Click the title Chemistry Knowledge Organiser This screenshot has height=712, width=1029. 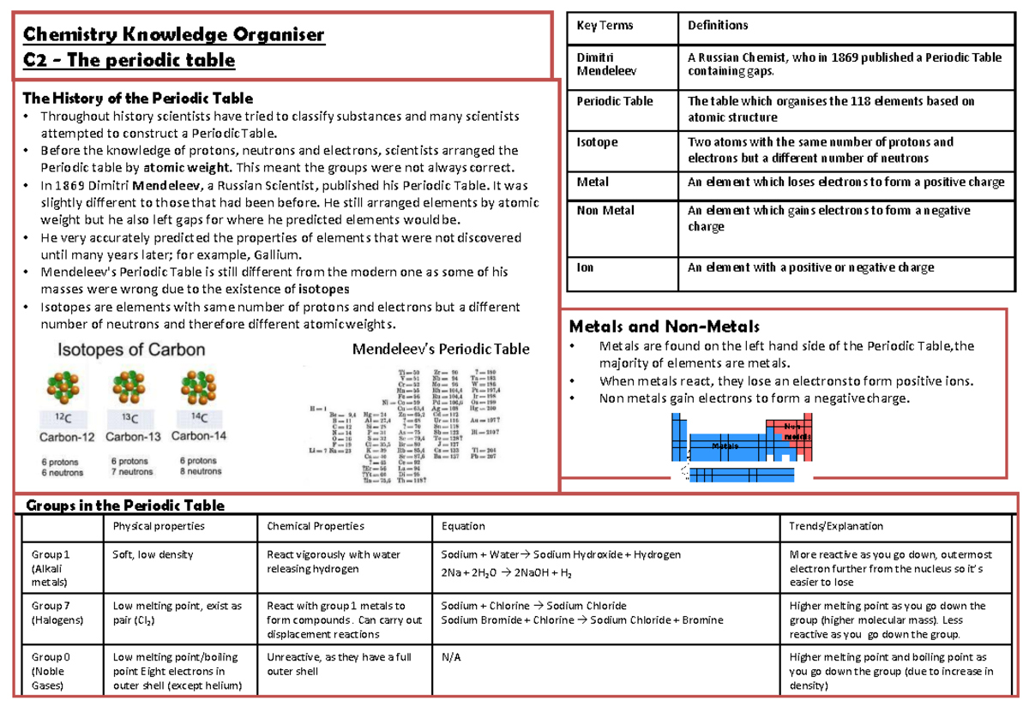tap(174, 35)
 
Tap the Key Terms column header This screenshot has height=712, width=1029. tap(605, 26)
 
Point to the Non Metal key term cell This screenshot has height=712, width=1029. tap(605, 211)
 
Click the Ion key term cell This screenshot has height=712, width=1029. tap(586, 267)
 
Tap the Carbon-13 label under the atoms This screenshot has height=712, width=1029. tap(133, 435)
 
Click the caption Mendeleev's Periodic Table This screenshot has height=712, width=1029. tap(441, 349)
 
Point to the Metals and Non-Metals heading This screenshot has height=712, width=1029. tap(665, 326)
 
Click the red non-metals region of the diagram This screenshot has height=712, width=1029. tap(794, 437)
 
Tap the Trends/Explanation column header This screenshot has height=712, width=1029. tap(836, 526)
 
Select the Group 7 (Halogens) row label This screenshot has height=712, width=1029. tap(50, 613)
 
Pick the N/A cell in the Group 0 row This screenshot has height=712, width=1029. tap(450, 658)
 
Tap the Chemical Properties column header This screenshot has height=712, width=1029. tap(316, 526)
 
